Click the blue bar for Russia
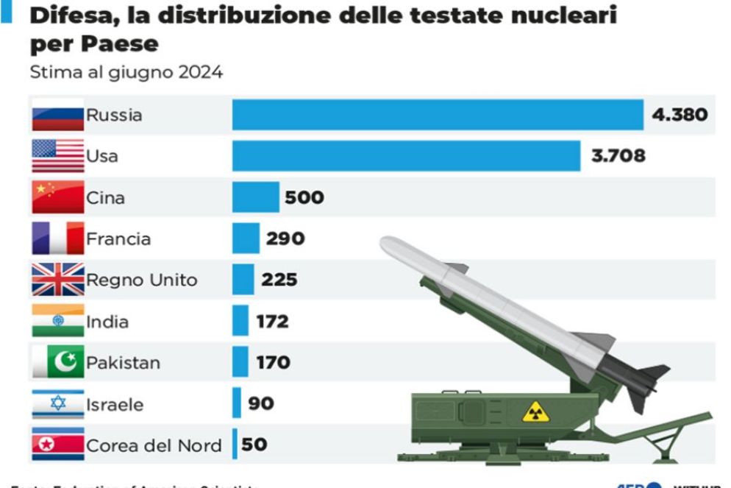[438, 115]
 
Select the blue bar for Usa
[406, 156]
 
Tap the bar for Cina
[256, 197]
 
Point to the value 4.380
[680, 115]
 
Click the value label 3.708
[618, 156]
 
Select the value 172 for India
[272, 322]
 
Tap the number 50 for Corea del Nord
[254, 445]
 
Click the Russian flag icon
[57, 115]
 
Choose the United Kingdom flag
[57, 280]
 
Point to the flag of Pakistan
[57, 362]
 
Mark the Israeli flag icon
[57, 403]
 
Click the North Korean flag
[57, 445]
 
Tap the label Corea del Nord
[154, 445]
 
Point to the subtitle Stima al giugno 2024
[126, 72]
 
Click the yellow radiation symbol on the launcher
[535, 412]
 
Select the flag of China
[57, 197]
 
